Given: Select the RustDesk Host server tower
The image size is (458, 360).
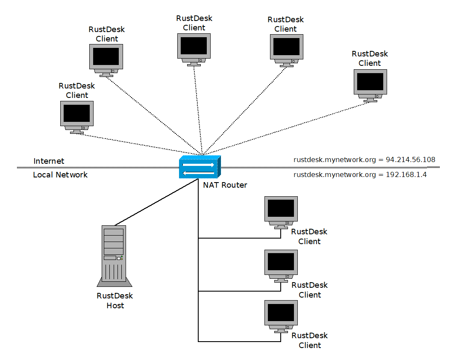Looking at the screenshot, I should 114,256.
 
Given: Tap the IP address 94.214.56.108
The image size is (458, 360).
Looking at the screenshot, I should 411,160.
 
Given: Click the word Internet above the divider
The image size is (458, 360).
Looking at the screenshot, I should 49,161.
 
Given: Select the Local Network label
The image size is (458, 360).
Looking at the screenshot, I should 60,175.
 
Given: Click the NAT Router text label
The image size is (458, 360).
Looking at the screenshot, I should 225,185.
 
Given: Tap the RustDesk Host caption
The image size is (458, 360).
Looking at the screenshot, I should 115,301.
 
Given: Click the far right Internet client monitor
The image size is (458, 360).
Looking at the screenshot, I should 370,84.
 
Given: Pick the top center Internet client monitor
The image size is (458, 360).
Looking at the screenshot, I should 194,48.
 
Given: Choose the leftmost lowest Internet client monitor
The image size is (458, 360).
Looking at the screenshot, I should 76,116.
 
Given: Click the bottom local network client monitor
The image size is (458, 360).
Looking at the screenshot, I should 281,316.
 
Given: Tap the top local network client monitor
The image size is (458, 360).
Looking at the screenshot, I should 281,212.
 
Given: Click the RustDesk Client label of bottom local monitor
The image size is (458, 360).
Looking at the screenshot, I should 310,340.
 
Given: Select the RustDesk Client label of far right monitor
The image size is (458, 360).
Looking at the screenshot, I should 370,59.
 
